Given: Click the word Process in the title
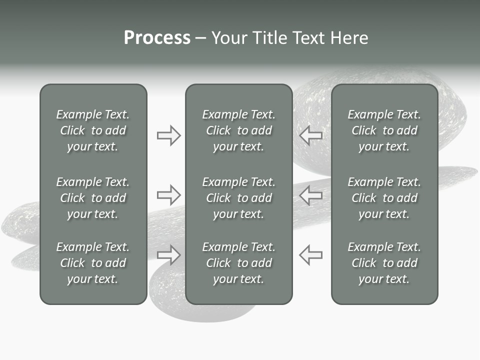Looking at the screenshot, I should pyautogui.click(x=157, y=37).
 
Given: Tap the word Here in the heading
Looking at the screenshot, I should pyautogui.click(x=349, y=37).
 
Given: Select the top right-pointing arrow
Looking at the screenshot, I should pyautogui.click(x=168, y=135).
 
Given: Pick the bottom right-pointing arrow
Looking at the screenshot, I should pyautogui.click(x=168, y=254).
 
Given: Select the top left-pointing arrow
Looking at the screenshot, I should pyautogui.click(x=311, y=135).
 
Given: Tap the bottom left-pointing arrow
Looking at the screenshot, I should pyautogui.click(x=311, y=254).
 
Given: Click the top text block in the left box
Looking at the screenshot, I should pyautogui.click(x=93, y=130).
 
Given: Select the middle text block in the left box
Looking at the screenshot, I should pyautogui.click(x=93, y=198).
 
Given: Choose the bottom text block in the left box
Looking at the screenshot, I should pyautogui.click(x=93, y=263).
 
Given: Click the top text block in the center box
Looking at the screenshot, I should pyautogui.click(x=239, y=130).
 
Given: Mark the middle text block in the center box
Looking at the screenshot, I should pyautogui.click(x=239, y=198).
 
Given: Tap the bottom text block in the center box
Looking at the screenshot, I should pyautogui.click(x=239, y=263).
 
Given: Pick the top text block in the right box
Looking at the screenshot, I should pyautogui.click(x=384, y=130).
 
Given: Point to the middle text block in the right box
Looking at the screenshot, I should pyautogui.click(x=384, y=198).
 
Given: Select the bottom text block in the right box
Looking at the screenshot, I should pyautogui.click(x=384, y=263).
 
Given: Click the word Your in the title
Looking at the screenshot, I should pyautogui.click(x=228, y=37).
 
